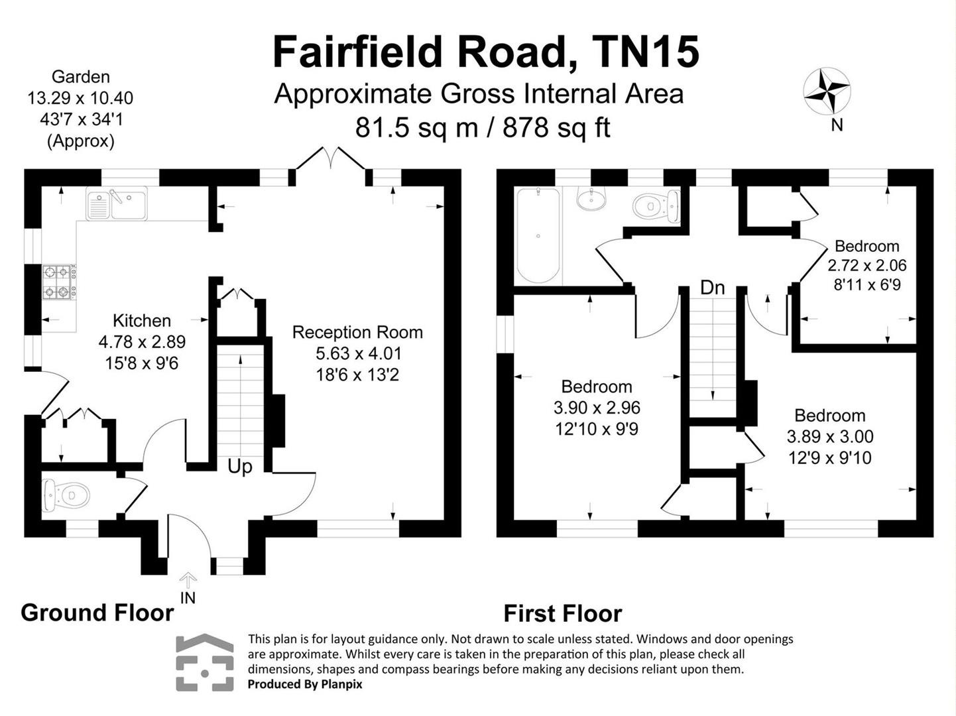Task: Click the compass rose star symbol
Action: pos(827,91)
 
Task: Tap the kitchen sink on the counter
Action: pos(116,203)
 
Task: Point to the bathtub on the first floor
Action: pos(538,235)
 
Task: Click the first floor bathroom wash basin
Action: pos(591,198)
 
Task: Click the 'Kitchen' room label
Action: pos(142,321)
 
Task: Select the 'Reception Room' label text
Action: pos(357,332)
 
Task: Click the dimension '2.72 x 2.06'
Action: pos(866,266)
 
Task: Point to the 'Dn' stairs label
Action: pos(712,288)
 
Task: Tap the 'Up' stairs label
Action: pos(239,467)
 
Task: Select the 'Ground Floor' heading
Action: pos(97,613)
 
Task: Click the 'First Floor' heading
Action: pos(562,614)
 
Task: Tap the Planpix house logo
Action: pos(205,663)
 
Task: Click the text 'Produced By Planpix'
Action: pos(305,684)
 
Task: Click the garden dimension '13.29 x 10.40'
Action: pos(80,98)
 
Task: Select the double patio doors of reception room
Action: pos(330,161)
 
